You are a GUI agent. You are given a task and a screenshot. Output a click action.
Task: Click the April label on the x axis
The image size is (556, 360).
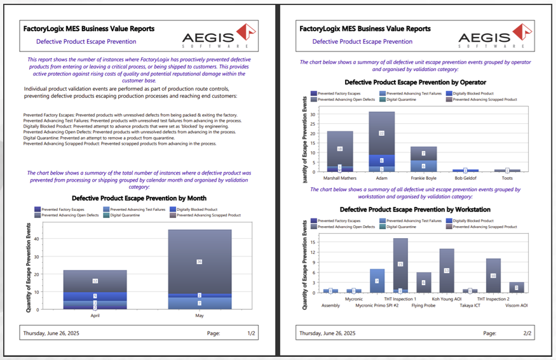coord(95,314)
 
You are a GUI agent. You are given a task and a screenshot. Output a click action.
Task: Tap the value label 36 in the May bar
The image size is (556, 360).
coord(200,262)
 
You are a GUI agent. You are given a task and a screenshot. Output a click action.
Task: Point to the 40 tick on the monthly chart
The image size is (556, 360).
coord(36,239)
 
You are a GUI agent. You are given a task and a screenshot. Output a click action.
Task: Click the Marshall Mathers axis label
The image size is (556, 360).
coord(340,178)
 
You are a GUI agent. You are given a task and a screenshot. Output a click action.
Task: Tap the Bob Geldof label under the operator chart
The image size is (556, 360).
coord(465,178)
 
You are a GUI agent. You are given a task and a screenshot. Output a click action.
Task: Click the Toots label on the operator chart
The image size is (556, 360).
coord(507,178)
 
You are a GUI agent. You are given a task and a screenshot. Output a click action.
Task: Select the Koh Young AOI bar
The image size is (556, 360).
coord(447,270)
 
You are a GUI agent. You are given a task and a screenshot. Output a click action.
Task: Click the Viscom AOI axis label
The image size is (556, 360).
coord(517,305)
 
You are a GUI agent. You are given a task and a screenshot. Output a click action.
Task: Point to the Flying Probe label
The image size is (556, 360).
coord(424,305)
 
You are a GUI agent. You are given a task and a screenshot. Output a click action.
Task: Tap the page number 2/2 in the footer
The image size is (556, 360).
coord(527,333)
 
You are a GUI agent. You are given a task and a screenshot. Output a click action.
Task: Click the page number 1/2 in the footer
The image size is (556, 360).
coord(251,333)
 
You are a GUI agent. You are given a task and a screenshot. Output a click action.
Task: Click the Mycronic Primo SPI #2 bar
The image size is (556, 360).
coord(377,280)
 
